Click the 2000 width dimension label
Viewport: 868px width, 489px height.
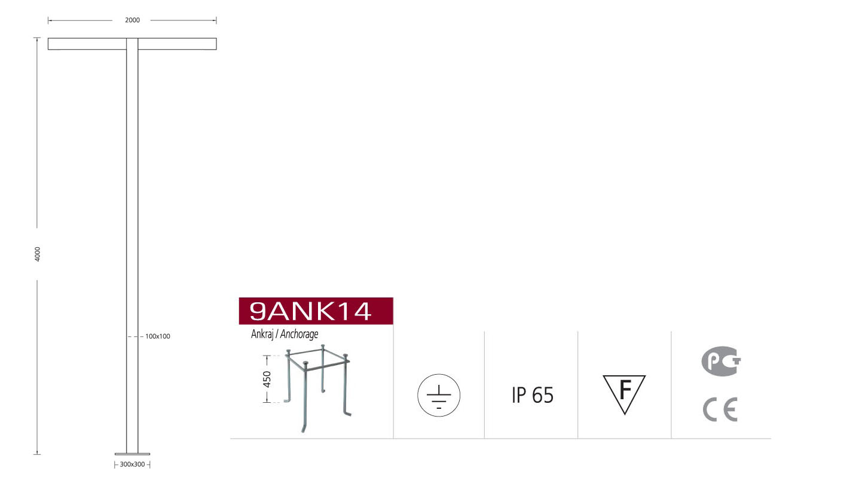pos(132,20)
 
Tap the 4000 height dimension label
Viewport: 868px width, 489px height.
pos(38,254)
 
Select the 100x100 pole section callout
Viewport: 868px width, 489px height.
pos(158,336)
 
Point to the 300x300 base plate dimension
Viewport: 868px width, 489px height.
pos(132,464)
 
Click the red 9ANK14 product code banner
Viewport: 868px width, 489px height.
pos(316,311)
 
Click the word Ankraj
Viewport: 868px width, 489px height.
pos(262,334)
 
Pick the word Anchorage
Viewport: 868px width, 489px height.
pos(299,334)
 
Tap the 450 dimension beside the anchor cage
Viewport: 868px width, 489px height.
pos(267,379)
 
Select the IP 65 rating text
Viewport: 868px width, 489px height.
pos(533,395)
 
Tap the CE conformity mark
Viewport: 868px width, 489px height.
pos(720,410)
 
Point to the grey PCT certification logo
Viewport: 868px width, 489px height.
pos(721,362)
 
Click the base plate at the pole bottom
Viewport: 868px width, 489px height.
pos(132,454)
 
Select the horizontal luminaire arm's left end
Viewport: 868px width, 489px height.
pos(48,44)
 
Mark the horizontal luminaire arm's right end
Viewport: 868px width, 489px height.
pos(216,44)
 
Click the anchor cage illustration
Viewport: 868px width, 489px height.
pos(317,388)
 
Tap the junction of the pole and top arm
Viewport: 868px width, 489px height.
pos(132,44)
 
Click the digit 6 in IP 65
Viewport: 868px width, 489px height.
pos(538,395)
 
